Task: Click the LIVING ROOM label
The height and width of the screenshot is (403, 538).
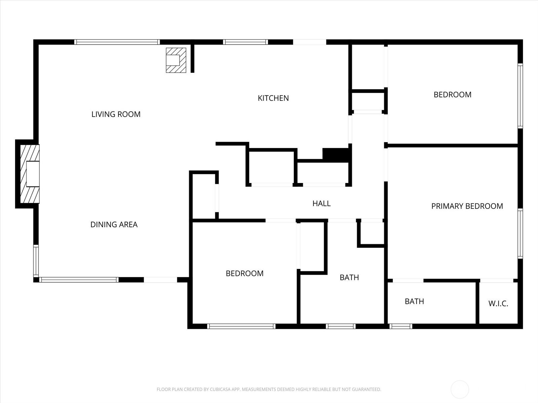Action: (116, 114)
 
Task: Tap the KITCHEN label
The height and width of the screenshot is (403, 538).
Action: (273, 98)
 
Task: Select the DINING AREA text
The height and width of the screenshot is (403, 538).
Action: (114, 224)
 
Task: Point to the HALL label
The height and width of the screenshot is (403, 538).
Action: (321, 203)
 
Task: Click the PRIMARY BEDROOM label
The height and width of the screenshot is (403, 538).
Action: (467, 206)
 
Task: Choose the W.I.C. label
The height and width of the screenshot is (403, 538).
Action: (498, 304)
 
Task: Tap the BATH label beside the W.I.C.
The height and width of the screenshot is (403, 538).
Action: (414, 301)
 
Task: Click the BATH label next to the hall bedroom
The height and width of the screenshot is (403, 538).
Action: (349, 277)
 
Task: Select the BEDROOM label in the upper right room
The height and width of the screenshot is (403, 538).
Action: (452, 95)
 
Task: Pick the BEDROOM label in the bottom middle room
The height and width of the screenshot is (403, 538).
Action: (244, 273)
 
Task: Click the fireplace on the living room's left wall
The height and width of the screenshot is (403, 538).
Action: (30, 174)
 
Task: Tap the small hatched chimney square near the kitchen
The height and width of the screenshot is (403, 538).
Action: (176, 60)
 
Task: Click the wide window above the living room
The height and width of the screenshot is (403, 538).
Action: (117, 42)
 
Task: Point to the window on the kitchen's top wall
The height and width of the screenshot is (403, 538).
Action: (245, 42)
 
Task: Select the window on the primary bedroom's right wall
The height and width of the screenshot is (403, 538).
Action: (520, 233)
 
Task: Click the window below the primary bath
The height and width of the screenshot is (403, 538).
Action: (401, 326)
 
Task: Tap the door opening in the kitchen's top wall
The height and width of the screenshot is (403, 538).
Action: (309, 42)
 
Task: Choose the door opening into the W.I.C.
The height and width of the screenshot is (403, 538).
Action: (497, 280)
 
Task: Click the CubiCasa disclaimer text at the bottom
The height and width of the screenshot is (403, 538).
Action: (269, 390)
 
